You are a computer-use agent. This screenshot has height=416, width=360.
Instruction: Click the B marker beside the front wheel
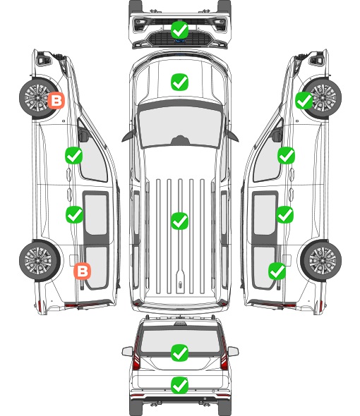pos(56,100)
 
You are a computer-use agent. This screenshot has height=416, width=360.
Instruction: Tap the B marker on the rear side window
pos(82,271)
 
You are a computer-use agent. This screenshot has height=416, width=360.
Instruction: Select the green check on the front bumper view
pos(179,30)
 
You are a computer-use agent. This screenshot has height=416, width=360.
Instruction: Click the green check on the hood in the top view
pos(179,82)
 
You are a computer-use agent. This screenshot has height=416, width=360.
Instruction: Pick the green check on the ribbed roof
pos(179,221)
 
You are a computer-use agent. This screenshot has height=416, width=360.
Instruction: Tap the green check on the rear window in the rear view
pos(179,353)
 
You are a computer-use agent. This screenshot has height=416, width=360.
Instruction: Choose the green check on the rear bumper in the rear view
pos(179,385)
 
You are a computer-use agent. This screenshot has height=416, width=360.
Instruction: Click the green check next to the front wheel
pos(304,100)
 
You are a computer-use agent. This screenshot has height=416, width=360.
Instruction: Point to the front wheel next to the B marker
pos(37,99)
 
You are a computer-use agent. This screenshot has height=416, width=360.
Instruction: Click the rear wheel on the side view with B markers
pos(40,260)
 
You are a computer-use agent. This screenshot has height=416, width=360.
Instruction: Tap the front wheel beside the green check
pos(323,99)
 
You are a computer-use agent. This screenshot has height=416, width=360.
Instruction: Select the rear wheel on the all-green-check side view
pos(321,260)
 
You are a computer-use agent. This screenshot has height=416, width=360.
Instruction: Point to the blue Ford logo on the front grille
pos(180,41)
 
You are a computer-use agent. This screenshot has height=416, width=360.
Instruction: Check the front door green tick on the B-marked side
pos(74,155)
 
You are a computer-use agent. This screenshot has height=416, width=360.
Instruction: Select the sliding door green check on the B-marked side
pos(74,214)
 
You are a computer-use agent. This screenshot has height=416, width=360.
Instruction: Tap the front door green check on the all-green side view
pos(286,155)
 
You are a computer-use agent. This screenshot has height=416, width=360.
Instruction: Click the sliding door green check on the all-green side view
pos(284,214)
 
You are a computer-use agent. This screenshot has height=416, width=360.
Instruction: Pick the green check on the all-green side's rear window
pos(277,271)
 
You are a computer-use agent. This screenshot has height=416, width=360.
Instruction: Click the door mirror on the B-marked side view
pos(83,135)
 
